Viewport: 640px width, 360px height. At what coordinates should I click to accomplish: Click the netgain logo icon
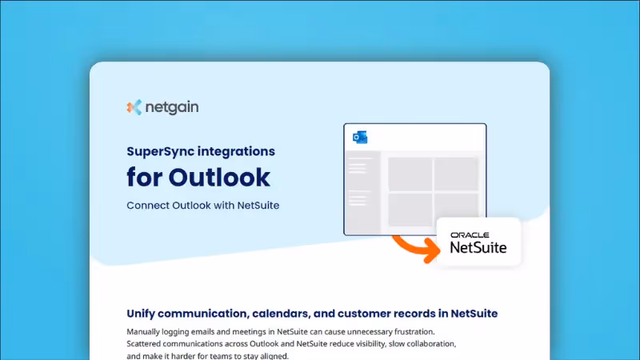click(x=134, y=106)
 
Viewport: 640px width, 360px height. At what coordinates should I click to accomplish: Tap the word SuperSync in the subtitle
click(x=158, y=150)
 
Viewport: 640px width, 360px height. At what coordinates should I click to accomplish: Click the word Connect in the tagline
click(x=146, y=205)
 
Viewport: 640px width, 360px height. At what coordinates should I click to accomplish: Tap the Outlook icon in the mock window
click(x=360, y=137)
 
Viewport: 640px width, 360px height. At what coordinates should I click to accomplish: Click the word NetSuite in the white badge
click(x=478, y=248)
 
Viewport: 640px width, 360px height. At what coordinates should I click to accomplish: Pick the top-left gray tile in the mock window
click(x=410, y=174)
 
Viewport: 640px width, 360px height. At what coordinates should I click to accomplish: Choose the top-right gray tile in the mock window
click(x=455, y=174)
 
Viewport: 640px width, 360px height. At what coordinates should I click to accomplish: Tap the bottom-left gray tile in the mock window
click(x=410, y=210)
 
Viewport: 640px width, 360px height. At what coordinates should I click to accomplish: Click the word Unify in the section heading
click(x=144, y=313)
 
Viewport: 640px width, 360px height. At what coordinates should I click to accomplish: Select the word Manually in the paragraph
click(x=146, y=331)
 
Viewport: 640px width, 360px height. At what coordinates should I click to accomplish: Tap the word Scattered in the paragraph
click(x=147, y=343)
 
